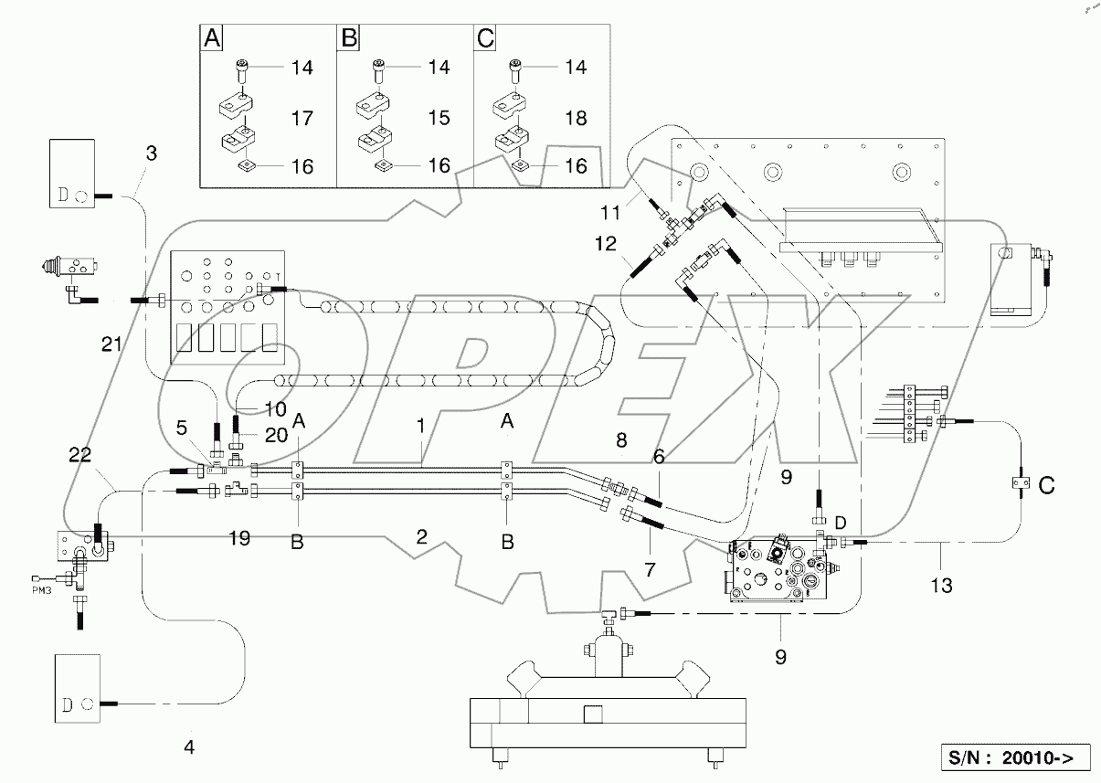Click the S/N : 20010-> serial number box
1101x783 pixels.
pyautogui.click(x=1015, y=757)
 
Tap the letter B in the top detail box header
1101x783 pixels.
pyautogui.click(x=349, y=39)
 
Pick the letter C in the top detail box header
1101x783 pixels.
pyautogui.click(x=486, y=39)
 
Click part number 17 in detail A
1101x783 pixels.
pyautogui.click(x=301, y=119)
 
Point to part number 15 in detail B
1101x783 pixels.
pyautogui.click(x=439, y=119)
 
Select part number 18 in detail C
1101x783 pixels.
pyautogui.click(x=575, y=119)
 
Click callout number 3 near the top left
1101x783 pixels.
pyautogui.click(x=152, y=153)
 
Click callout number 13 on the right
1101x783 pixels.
pyautogui.click(x=941, y=586)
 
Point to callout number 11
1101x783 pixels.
pyautogui.click(x=610, y=212)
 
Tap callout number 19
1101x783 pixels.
pyautogui.click(x=240, y=539)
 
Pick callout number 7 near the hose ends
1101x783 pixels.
pyautogui.click(x=649, y=570)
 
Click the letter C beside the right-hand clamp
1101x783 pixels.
pyautogui.click(x=1046, y=486)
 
